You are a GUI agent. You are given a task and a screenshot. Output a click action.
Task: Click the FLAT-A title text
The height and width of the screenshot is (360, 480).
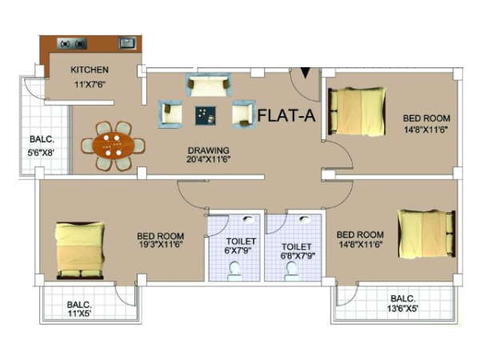point(286,116)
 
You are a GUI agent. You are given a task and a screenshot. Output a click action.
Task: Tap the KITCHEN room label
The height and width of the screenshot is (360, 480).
point(90,70)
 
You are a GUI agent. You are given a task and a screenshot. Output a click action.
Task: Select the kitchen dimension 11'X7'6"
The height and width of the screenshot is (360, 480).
point(90,84)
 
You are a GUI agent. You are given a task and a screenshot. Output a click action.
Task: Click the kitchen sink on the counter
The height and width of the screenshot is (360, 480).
point(127,43)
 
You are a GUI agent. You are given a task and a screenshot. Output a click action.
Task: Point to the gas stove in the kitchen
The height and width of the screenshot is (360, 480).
point(72,44)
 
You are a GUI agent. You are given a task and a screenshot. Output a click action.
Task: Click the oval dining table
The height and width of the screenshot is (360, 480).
point(114,146)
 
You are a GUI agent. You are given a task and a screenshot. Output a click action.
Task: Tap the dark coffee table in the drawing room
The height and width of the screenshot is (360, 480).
point(206,115)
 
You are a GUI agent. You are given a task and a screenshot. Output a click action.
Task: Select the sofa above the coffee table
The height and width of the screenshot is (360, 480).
point(209,85)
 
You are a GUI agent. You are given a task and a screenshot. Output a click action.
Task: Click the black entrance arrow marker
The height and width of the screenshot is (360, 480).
point(306,73)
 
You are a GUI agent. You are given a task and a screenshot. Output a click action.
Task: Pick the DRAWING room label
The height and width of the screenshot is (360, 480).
point(209,150)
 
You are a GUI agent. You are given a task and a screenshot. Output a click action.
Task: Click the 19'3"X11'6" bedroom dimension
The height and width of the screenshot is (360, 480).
point(161,245)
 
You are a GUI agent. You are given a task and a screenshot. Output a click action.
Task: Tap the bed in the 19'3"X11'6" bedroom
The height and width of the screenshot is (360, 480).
point(80,250)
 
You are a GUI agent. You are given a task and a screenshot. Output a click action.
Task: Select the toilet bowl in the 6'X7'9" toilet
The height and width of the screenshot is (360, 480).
point(234,271)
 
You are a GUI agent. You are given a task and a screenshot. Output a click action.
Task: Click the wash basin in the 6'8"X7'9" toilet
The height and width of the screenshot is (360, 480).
point(304,220)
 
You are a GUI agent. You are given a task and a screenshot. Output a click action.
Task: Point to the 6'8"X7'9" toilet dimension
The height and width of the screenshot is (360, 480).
point(298,255)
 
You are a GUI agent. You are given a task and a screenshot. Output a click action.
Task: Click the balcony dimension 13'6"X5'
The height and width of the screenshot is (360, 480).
point(403,308)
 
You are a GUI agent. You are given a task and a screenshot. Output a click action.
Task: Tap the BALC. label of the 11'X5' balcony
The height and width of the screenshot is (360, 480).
point(79,305)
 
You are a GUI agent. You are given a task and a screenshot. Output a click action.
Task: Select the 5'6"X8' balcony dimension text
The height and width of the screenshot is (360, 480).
point(42,153)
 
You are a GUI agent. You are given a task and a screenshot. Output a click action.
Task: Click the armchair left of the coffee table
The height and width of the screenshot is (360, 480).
point(170,114)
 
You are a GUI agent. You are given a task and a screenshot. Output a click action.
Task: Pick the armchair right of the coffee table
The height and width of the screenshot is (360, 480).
point(243,114)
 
